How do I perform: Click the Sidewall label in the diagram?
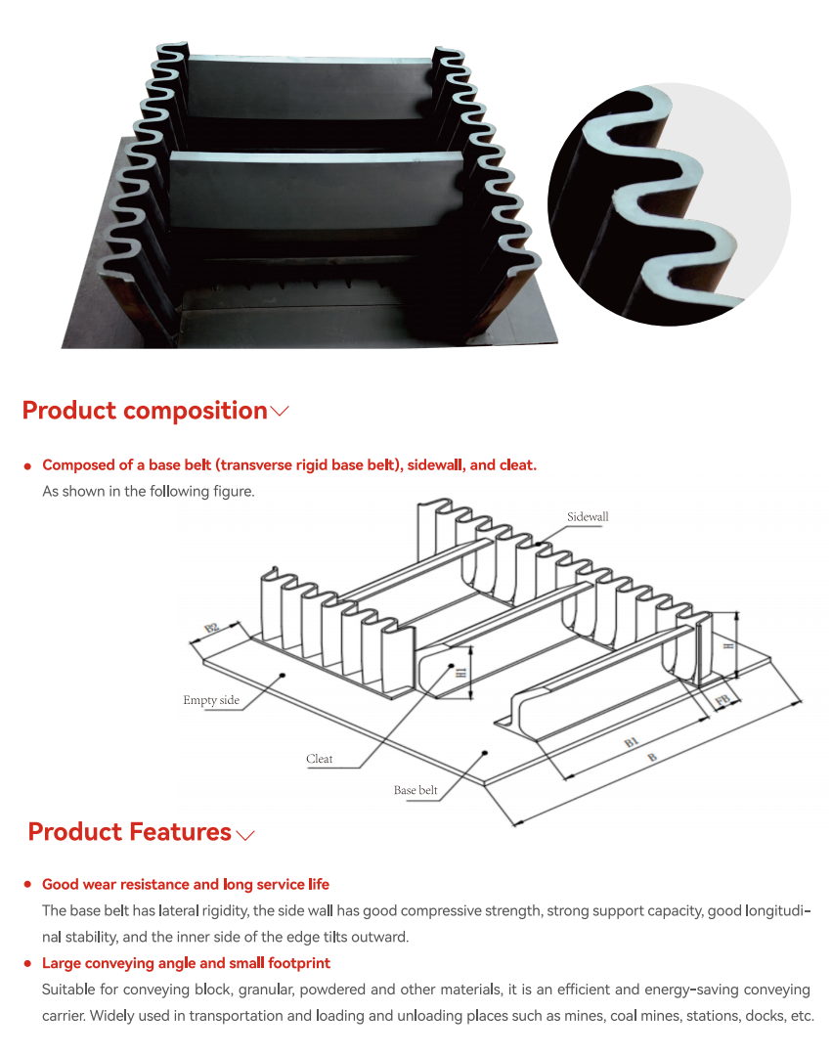(588, 516)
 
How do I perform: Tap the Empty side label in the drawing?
(211, 700)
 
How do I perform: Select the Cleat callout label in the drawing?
(319, 759)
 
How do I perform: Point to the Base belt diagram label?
(416, 790)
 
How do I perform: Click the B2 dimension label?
(212, 628)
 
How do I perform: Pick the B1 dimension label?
(631, 742)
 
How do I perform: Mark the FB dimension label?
(723, 700)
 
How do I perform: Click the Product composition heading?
(145, 410)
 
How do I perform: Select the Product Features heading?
(129, 832)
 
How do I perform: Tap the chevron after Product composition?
(280, 411)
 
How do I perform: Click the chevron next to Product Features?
(245, 835)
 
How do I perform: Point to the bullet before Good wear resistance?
(27, 884)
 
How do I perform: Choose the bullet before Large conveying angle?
(27, 964)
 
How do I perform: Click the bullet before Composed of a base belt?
(27, 466)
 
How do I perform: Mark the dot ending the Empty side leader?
(283, 675)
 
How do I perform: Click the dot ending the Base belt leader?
(485, 752)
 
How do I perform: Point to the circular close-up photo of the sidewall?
(670, 204)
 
